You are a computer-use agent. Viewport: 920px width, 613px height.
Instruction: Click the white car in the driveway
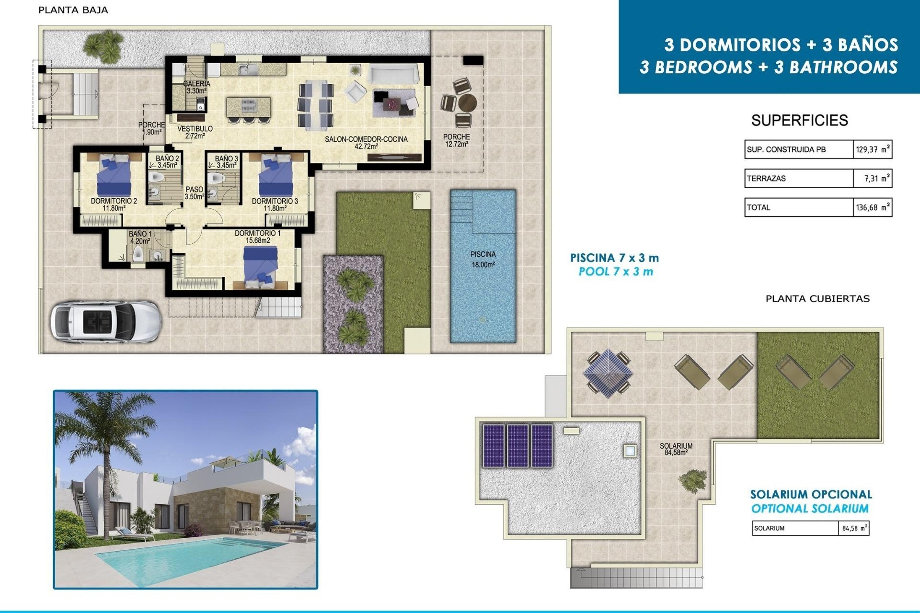pyautogui.click(x=105, y=321)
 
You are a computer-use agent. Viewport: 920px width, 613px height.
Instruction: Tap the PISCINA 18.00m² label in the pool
pyautogui.click(x=483, y=259)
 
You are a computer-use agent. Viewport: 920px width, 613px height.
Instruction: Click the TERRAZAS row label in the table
pyautogui.click(x=767, y=179)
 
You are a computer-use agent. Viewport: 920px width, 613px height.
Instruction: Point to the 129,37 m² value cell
pyautogui.click(x=872, y=149)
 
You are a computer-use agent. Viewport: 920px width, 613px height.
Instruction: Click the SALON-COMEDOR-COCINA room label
pyautogui.click(x=366, y=142)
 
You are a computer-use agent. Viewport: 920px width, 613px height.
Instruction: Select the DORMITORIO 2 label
pyautogui.click(x=114, y=204)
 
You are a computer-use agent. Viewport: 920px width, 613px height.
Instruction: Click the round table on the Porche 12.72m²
pyautogui.click(x=467, y=102)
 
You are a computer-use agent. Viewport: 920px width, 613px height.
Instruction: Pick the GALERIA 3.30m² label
pyautogui.click(x=196, y=87)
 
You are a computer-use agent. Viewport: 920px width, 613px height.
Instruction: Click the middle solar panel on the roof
pyautogui.click(x=518, y=445)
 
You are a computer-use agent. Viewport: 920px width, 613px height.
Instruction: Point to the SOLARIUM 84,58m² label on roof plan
pyautogui.click(x=676, y=449)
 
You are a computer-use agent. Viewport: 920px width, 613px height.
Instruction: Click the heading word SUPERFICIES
pyautogui.click(x=799, y=120)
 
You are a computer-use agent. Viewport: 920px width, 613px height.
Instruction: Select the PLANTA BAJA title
pyautogui.click(x=73, y=10)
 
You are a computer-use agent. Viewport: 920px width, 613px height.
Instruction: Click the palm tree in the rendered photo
pyautogui.click(x=101, y=431)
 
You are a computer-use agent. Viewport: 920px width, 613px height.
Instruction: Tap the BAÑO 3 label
pyautogui.click(x=226, y=162)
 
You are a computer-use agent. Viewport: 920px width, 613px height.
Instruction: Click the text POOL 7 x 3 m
pyautogui.click(x=616, y=272)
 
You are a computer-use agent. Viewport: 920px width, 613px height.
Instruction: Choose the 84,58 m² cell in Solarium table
pyautogui.click(x=854, y=528)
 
